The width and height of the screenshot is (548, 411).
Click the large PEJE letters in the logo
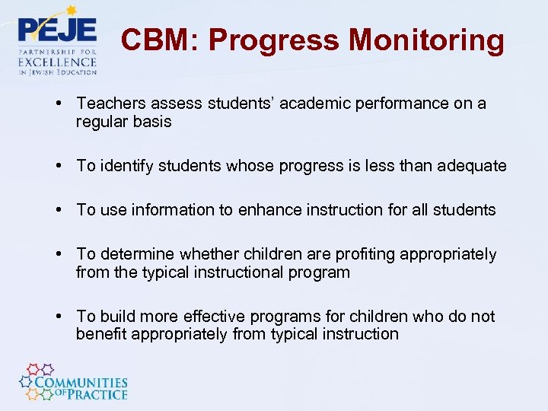tap(57, 31)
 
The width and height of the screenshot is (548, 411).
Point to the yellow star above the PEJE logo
tap(72, 11)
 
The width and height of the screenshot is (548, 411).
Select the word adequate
tap(472, 166)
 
